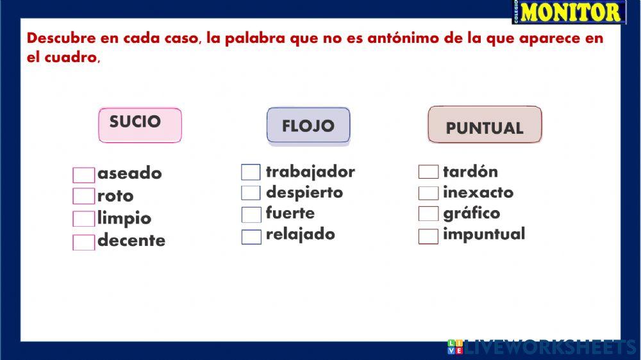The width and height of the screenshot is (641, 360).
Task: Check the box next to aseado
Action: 83,175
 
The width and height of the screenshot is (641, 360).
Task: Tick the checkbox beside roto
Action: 83,196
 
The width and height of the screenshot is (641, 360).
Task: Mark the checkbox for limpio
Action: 83,219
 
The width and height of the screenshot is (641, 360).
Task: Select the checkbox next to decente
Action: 83,243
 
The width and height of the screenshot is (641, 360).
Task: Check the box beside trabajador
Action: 251,172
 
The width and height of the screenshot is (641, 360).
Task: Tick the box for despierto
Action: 251,193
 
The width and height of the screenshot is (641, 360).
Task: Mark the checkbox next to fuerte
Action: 251,215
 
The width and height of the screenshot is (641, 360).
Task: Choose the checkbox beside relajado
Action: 251,236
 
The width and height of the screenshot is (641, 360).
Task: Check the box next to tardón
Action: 428,172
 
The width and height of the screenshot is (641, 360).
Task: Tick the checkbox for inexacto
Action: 428,193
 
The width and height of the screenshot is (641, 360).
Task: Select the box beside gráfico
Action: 428,214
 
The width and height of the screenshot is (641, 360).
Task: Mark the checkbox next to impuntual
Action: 428,236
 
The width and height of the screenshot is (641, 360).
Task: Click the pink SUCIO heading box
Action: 140,124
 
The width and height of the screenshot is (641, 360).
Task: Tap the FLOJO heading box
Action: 308,125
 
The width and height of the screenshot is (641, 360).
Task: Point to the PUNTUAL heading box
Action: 485,125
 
